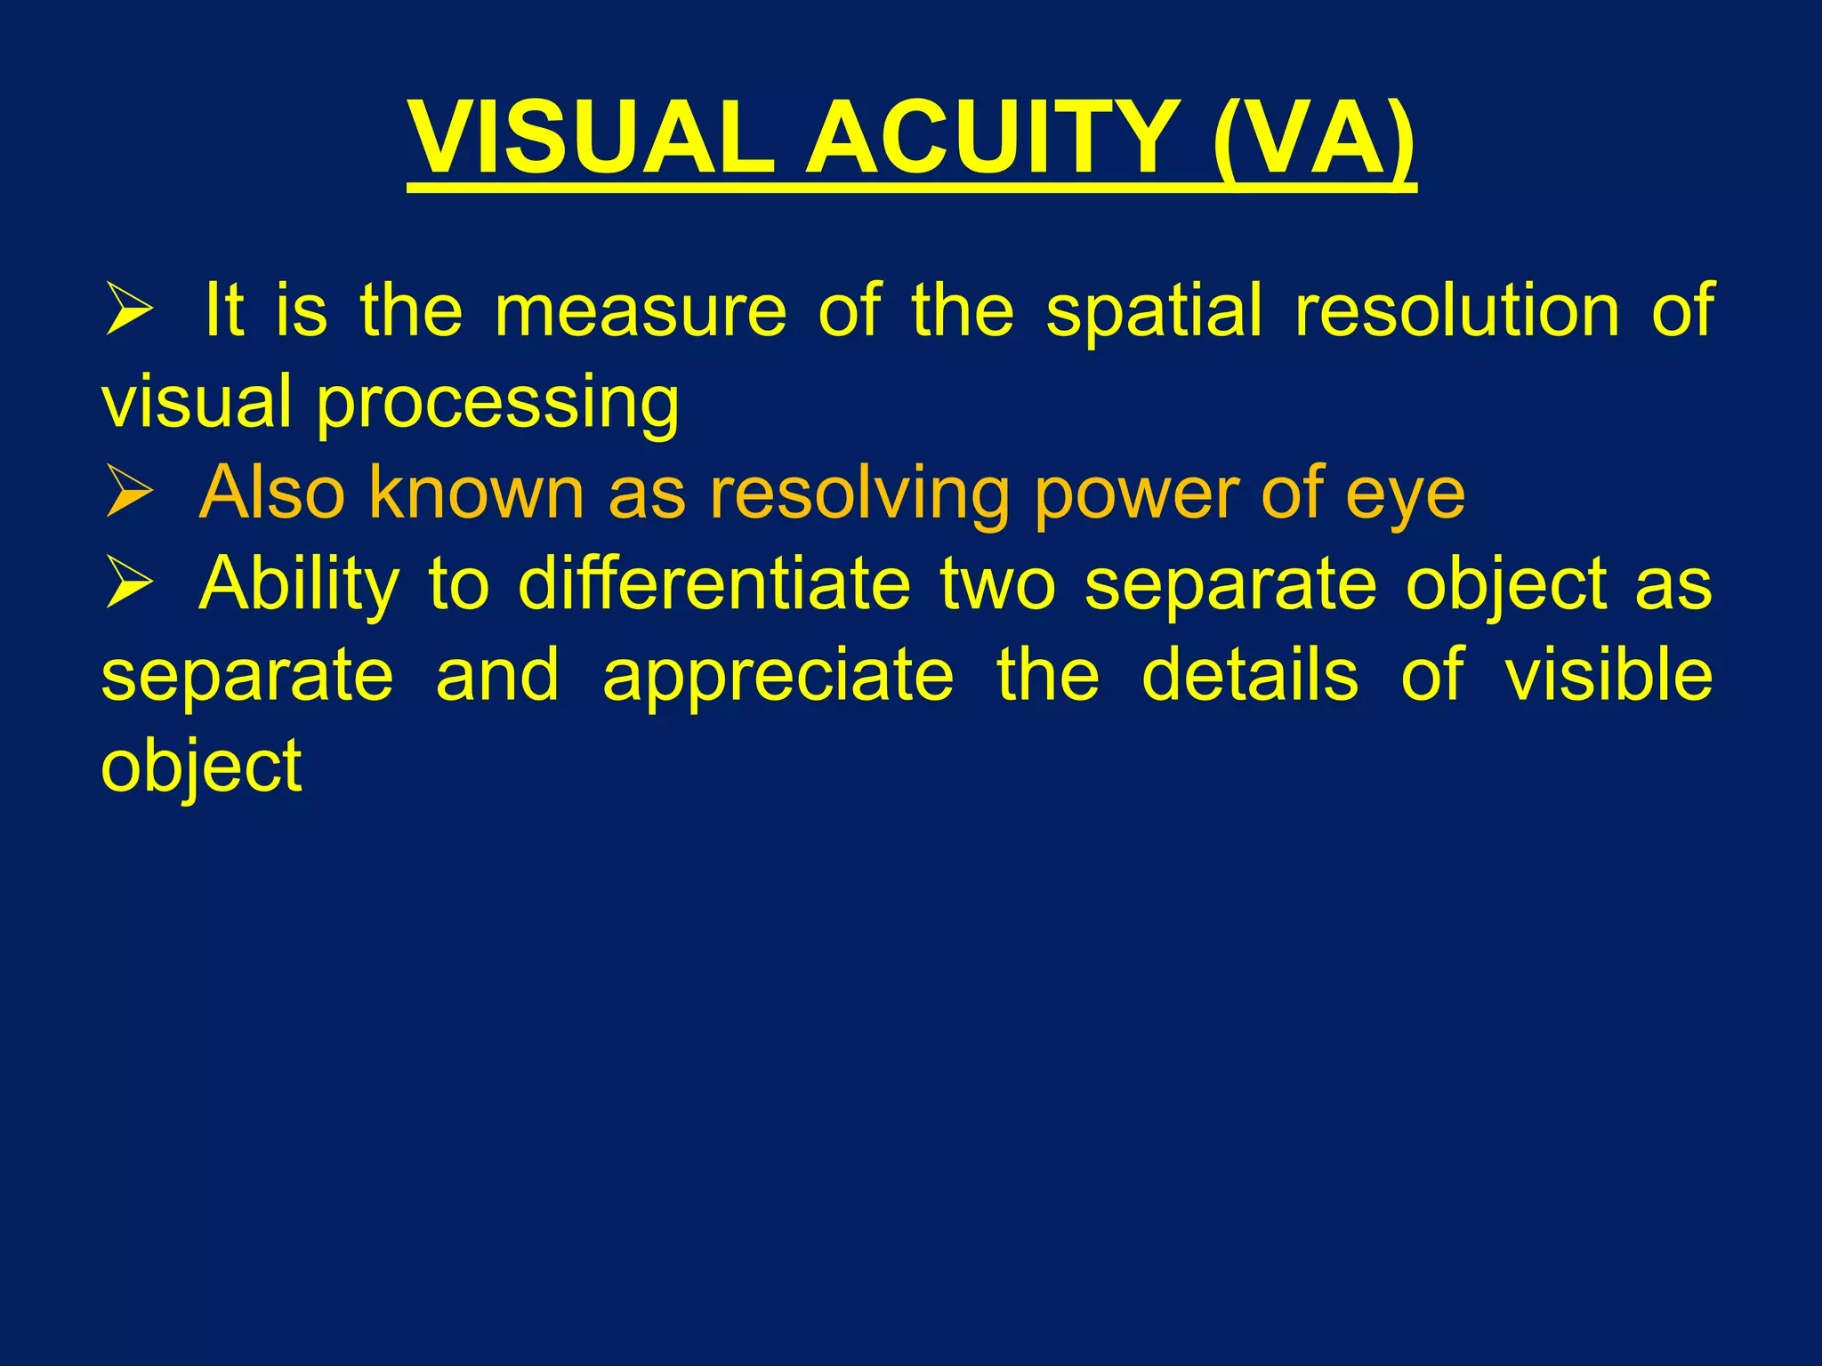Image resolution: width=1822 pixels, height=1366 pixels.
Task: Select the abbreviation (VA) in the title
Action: (1313, 140)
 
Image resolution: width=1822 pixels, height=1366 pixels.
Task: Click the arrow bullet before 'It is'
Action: (130, 309)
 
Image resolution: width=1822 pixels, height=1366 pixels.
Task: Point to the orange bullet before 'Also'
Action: (130, 492)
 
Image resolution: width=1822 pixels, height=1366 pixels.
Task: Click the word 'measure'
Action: (641, 311)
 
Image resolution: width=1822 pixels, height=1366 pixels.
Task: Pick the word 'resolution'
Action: (1457, 311)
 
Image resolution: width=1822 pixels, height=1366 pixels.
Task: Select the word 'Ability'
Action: (299, 585)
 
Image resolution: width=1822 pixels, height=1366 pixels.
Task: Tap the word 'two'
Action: (997, 585)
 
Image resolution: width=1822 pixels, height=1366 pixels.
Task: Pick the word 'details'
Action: (1250, 675)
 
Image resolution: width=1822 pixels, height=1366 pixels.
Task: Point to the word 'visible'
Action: (1608, 675)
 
